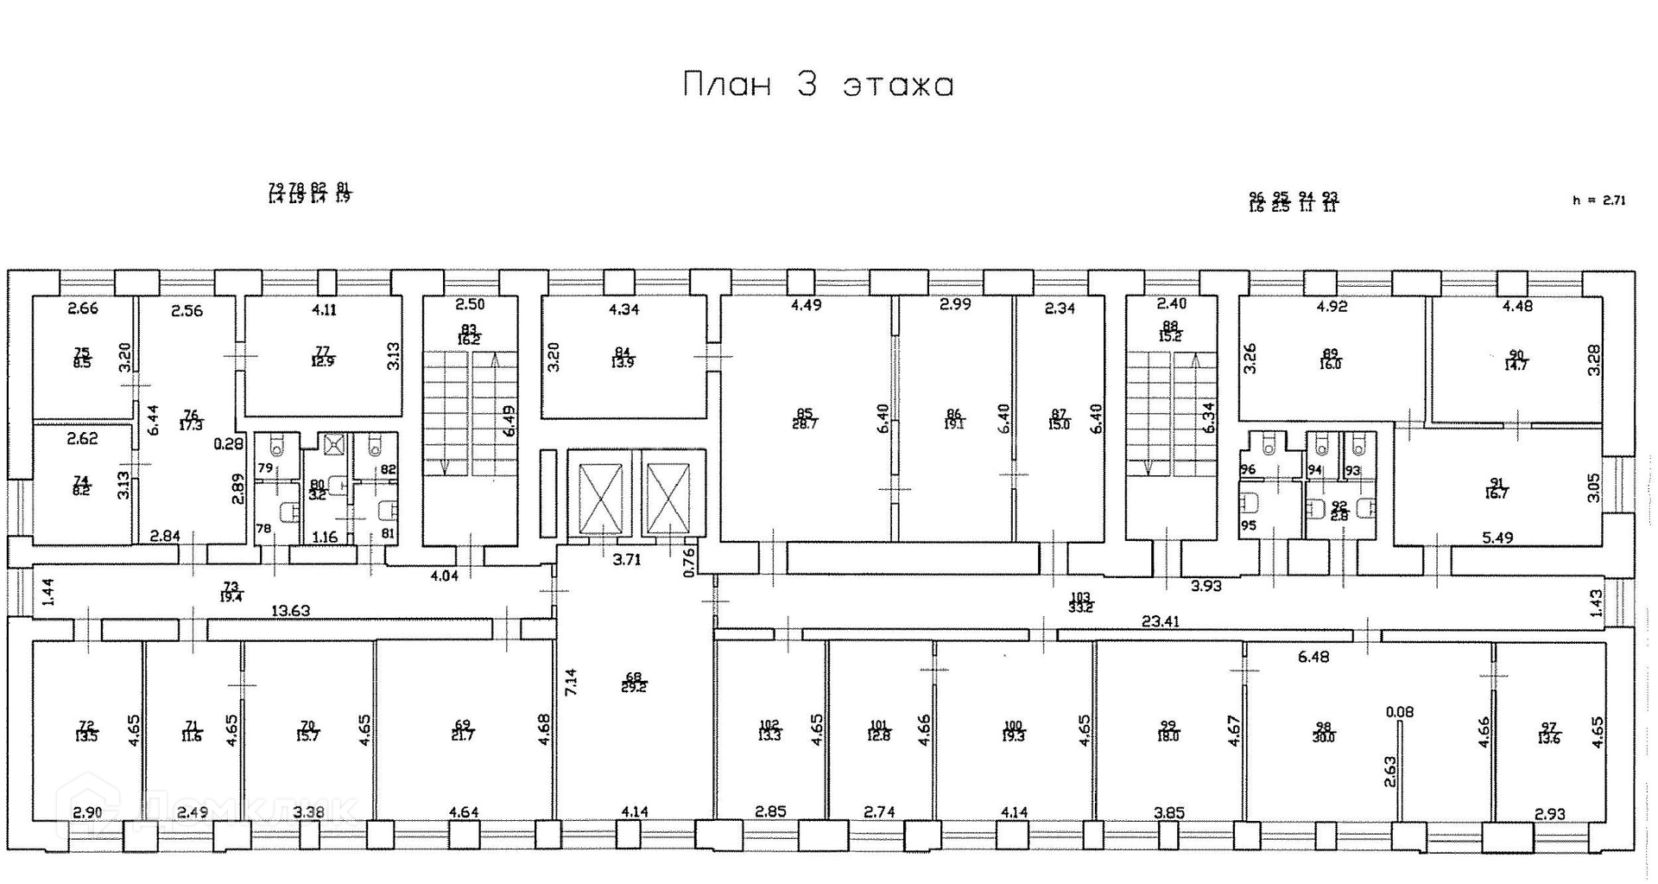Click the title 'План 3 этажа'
pos(818,85)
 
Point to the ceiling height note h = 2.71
pos(1599,200)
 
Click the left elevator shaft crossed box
pos(600,499)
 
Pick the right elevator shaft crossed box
pos(669,499)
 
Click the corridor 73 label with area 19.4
pos(231,591)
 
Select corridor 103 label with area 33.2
pos(1080,601)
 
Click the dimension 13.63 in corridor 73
pos(291,611)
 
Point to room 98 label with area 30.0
pos(1323,732)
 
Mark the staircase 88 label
pos(1171,332)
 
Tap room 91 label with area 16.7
pos(1497,488)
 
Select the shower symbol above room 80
pos(333,445)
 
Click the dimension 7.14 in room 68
pos(571,684)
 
